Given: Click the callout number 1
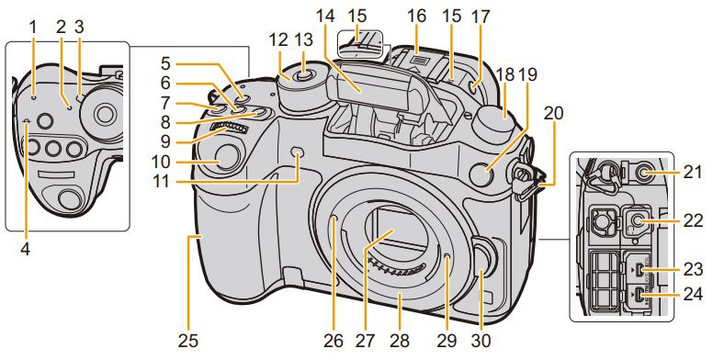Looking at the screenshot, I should coord(32,27).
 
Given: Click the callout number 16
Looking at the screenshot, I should coord(416,17).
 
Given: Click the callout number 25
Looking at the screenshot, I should coord(188,341).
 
